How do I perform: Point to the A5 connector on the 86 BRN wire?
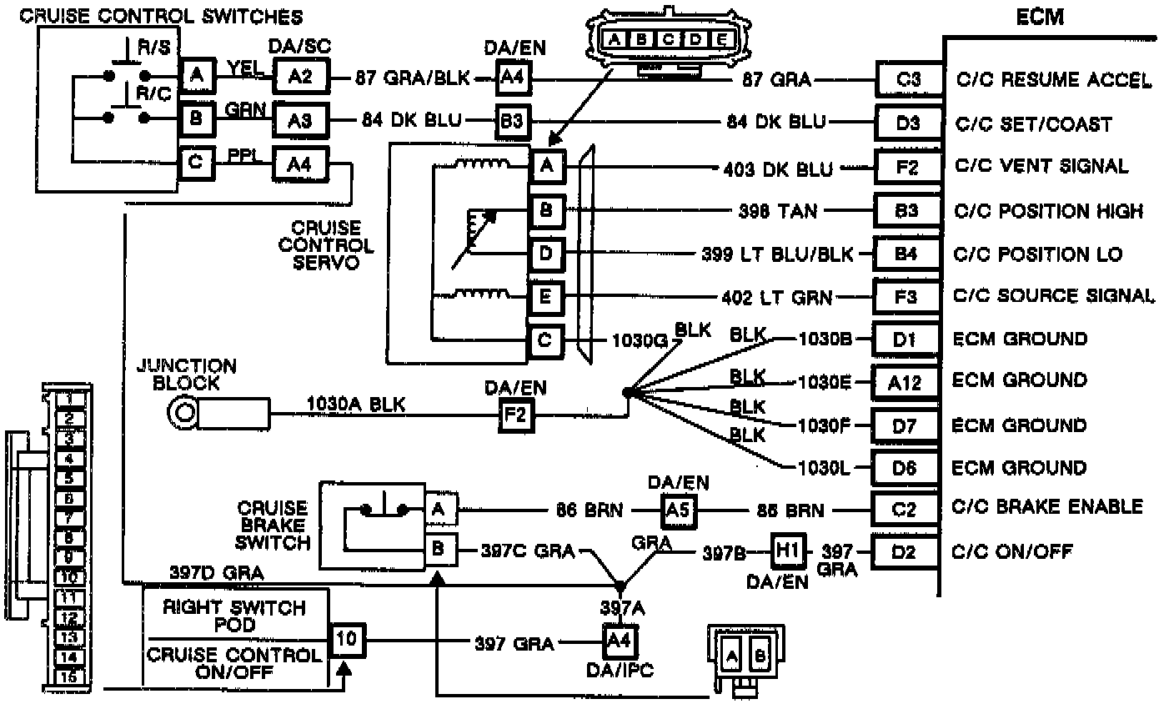[679, 510]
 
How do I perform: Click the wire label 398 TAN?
[777, 210]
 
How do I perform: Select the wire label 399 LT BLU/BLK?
[778, 254]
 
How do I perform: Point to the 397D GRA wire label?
[216, 573]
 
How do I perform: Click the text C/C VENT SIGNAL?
[1041, 166]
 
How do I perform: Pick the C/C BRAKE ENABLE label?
[1047, 507]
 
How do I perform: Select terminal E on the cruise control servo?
[546, 296]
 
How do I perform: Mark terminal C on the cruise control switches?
[196, 162]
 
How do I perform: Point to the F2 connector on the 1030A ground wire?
[514, 414]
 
